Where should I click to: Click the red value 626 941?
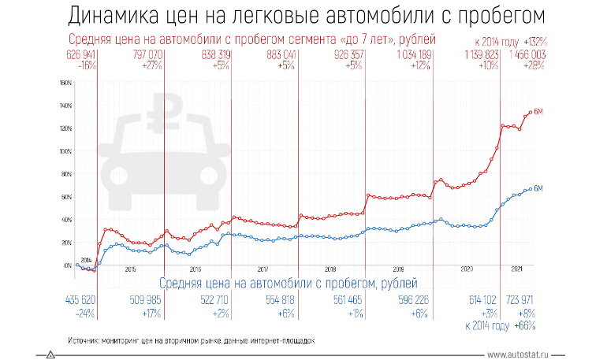(76, 54)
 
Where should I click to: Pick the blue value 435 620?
(76, 299)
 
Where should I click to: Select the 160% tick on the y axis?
(66, 83)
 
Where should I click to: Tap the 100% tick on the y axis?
(66, 151)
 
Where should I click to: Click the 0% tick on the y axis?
(68, 265)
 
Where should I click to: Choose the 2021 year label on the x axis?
(517, 269)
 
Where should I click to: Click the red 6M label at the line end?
(539, 113)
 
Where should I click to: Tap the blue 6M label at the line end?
(539, 187)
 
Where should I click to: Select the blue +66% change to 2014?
(526, 325)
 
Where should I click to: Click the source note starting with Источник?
(192, 341)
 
